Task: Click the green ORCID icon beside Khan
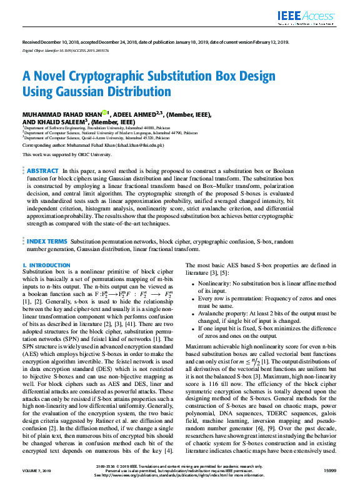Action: (105, 113)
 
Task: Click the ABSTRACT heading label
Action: (43, 170)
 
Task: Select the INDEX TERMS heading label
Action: (47, 240)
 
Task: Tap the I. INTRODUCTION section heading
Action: (46, 265)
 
